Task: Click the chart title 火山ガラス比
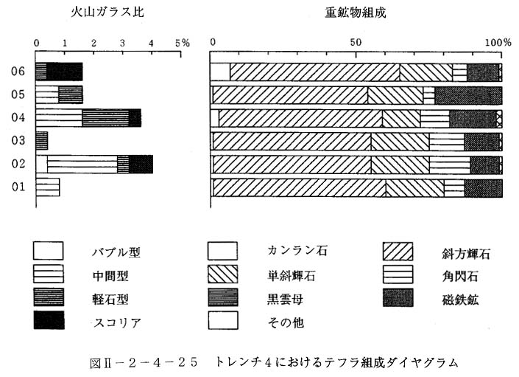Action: (107, 13)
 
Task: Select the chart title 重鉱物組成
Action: (356, 13)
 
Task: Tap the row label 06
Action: (18, 71)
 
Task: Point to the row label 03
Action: (18, 140)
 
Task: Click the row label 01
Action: (18, 187)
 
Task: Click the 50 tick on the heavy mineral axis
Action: (356, 43)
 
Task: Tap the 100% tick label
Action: (498, 43)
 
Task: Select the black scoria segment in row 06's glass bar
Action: (65, 72)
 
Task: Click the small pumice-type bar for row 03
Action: (42, 141)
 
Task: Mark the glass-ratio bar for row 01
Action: (48, 187)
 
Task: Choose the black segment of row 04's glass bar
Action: (135, 118)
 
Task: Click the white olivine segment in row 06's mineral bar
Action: (220, 72)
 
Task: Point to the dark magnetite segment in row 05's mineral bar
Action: (468, 95)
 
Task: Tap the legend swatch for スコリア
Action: (49, 320)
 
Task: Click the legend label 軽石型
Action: (110, 300)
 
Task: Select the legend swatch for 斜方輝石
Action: (398, 252)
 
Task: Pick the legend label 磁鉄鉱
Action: (460, 300)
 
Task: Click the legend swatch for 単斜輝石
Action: (223, 274)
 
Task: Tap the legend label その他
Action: (286, 322)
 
